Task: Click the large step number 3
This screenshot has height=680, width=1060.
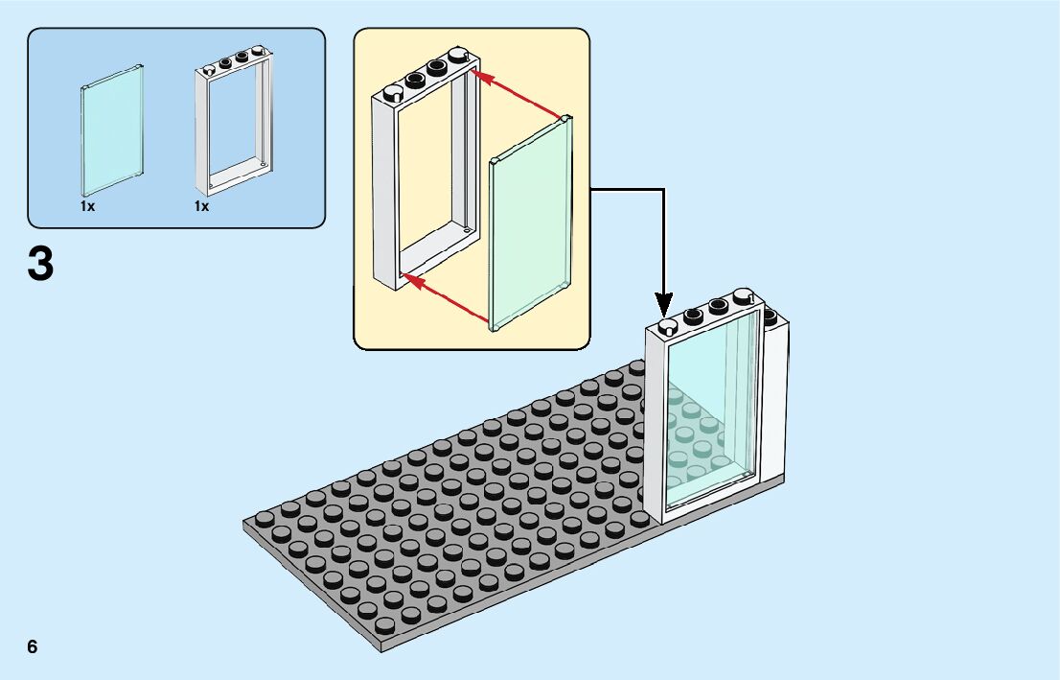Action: tap(40, 265)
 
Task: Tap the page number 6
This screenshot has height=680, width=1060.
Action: tap(33, 646)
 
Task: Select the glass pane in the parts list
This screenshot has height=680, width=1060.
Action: tap(113, 130)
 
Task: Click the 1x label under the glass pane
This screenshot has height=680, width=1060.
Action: tap(87, 206)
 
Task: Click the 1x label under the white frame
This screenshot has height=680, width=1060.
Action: tap(201, 206)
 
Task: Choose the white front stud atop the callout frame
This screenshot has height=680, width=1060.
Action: tap(392, 93)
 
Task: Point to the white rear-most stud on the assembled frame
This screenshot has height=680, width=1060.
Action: tap(744, 295)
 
